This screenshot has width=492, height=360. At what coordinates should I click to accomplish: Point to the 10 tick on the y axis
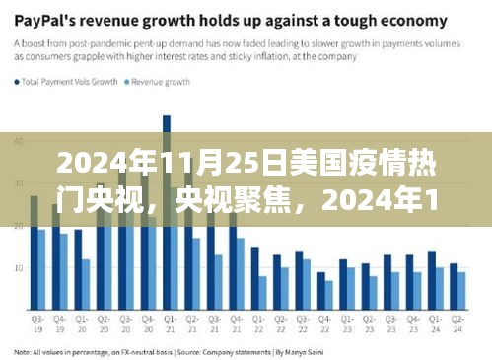click(x=19, y=267)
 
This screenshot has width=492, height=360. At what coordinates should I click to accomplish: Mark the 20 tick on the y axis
click(x=19, y=226)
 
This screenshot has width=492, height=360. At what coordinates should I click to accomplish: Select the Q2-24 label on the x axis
click(x=458, y=324)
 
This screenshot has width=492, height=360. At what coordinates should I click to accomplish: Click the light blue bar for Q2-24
click(x=461, y=291)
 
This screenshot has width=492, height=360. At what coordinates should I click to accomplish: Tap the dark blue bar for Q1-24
click(x=432, y=280)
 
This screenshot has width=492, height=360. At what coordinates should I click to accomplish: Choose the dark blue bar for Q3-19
click(x=35, y=252)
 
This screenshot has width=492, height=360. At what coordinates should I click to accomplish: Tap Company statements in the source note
click(x=230, y=351)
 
